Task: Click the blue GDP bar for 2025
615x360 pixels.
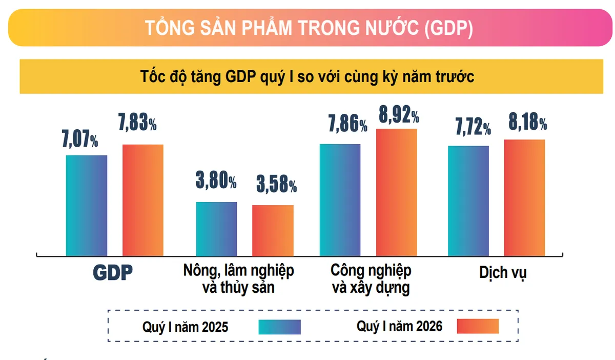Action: [87, 205]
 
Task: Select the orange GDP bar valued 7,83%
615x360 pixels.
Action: [142, 200]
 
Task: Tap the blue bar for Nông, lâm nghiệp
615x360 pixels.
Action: [217, 229]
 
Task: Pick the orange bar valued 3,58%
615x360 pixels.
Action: [273, 230]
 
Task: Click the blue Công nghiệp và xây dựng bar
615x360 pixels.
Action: [340, 199]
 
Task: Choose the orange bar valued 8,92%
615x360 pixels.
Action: [396, 192]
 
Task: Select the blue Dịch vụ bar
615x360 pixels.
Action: [468, 201]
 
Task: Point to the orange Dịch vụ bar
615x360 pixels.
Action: [524, 197]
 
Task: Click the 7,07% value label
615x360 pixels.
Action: [80, 139]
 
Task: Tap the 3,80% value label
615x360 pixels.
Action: [216, 182]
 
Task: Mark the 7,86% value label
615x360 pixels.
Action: [347, 124]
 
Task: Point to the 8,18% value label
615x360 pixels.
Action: [526, 123]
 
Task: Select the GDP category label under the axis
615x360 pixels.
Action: [113, 272]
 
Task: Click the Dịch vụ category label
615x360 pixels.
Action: [503, 273]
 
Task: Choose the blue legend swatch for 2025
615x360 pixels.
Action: [279, 327]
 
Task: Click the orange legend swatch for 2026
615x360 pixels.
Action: [478, 326]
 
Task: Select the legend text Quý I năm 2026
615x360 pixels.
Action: [399, 326]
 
